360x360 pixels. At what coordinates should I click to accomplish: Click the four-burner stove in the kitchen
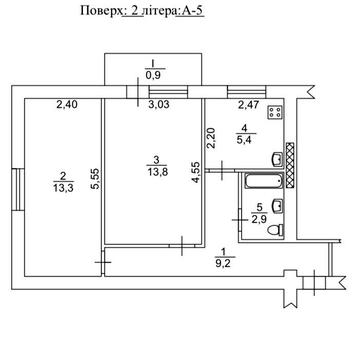[x=284, y=112]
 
